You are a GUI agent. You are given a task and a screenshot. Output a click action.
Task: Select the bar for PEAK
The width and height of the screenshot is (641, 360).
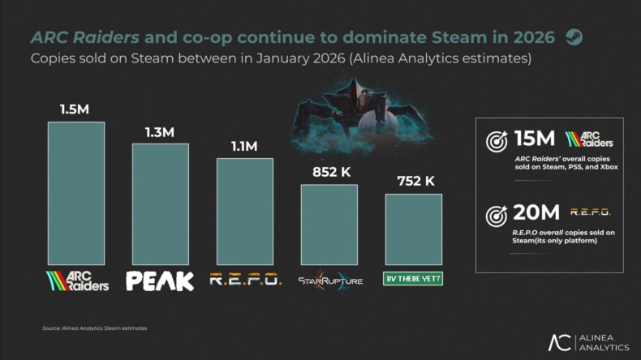(x=161, y=204)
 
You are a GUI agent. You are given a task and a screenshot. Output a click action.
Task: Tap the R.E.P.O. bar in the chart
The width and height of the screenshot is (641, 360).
(x=245, y=211)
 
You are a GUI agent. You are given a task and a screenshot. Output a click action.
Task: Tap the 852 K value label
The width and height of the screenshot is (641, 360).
(x=329, y=171)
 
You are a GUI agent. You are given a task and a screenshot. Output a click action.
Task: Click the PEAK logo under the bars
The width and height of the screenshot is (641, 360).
(x=161, y=281)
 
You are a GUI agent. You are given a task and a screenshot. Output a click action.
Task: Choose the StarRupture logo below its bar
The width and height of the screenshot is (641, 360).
(x=329, y=281)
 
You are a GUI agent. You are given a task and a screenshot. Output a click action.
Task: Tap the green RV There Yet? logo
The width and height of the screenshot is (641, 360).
(x=414, y=281)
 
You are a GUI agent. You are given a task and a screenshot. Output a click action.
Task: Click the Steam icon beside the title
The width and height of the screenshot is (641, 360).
(x=574, y=37)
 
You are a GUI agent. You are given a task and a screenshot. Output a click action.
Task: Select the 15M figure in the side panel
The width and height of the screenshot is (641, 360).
(x=536, y=139)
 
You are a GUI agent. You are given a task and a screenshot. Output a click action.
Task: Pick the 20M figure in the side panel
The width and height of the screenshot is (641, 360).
(x=536, y=213)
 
